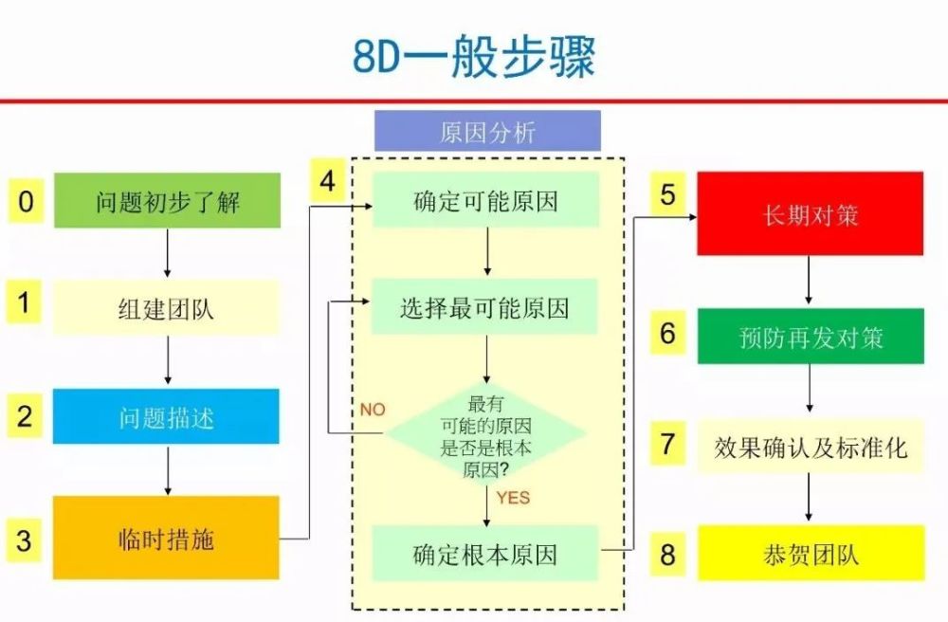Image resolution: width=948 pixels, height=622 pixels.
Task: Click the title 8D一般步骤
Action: [474, 56]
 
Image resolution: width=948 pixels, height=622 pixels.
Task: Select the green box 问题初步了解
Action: [168, 201]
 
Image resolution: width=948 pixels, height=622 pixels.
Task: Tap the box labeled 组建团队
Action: [166, 307]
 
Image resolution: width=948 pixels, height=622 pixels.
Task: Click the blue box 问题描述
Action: [166, 416]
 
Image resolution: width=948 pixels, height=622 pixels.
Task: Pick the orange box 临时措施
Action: [166, 538]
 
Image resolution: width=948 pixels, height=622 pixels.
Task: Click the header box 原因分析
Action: [487, 131]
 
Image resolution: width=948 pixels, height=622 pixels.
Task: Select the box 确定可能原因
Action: [485, 199]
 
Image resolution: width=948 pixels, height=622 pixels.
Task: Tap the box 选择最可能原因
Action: [484, 306]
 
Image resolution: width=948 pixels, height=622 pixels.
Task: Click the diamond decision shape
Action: [486, 433]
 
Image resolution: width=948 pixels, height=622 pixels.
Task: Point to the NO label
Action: [373, 410]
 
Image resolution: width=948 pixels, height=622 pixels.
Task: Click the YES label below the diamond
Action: [513, 498]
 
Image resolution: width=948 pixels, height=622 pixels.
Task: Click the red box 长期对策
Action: [811, 213]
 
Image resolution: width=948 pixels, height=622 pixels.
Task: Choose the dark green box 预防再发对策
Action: [811, 336]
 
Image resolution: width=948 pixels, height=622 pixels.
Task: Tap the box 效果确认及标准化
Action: [811, 447]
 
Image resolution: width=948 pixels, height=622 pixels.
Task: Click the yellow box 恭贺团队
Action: [811, 553]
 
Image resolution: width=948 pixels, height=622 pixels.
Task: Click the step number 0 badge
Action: [26, 201]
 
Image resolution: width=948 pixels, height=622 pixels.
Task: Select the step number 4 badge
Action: [328, 180]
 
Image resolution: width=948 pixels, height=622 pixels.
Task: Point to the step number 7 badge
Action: [667, 444]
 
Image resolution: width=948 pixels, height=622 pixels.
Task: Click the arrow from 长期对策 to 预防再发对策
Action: [809, 280]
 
